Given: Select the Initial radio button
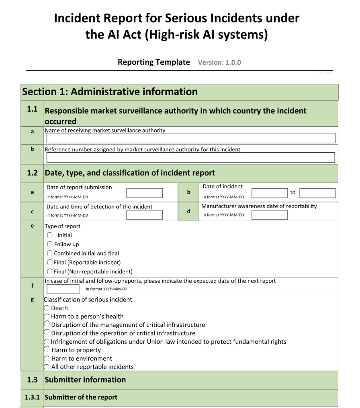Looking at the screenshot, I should click(x=50, y=235).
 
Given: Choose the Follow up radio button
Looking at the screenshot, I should click(x=50, y=244).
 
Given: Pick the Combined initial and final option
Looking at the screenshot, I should click(x=50, y=253).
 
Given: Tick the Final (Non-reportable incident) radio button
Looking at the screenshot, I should click(x=50, y=271).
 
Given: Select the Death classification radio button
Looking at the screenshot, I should click(x=47, y=308).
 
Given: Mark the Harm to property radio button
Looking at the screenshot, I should click(x=47, y=350).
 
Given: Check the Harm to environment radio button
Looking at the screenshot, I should click(x=47, y=359).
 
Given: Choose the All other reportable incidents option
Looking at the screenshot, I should click(x=47, y=367).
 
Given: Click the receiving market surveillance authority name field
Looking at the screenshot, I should click(x=191, y=138).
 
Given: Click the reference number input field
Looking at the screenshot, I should click(x=191, y=157).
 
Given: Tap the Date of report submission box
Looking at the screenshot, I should click(x=145, y=193).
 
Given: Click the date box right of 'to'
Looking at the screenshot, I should click(x=317, y=193).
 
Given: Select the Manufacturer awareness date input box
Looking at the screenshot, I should click(x=270, y=215).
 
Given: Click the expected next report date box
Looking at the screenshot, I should click(x=63, y=289).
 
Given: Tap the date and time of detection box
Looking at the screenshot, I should click(x=145, y=215).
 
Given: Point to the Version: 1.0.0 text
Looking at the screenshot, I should click(x=219, y=62).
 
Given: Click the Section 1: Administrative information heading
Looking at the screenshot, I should click(x=110, y=92).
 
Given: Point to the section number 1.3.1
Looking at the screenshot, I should click(x=32, y=397).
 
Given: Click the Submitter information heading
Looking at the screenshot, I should click(x=85, y=379).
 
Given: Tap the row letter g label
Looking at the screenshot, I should click(x=32, y=300).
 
